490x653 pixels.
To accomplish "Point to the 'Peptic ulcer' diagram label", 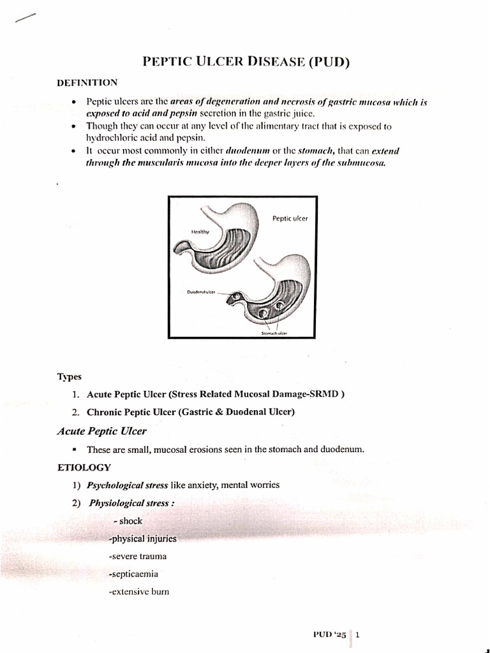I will pos(290,218).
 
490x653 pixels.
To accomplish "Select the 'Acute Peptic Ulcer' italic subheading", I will pos(102,431).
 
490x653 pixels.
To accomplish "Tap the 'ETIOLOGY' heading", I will pos(84,467).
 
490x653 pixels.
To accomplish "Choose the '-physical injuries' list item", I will pos(143,538).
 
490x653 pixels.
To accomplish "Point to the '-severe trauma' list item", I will pos(138,556).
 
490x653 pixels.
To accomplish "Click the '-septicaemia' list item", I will pos(133,574).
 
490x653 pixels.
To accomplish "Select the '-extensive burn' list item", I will pos(139,592).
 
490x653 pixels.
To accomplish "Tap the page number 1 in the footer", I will pos(358,635).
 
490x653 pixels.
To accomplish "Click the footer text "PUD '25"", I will pos(329,635).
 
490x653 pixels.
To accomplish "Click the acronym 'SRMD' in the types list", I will pos(325,393).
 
